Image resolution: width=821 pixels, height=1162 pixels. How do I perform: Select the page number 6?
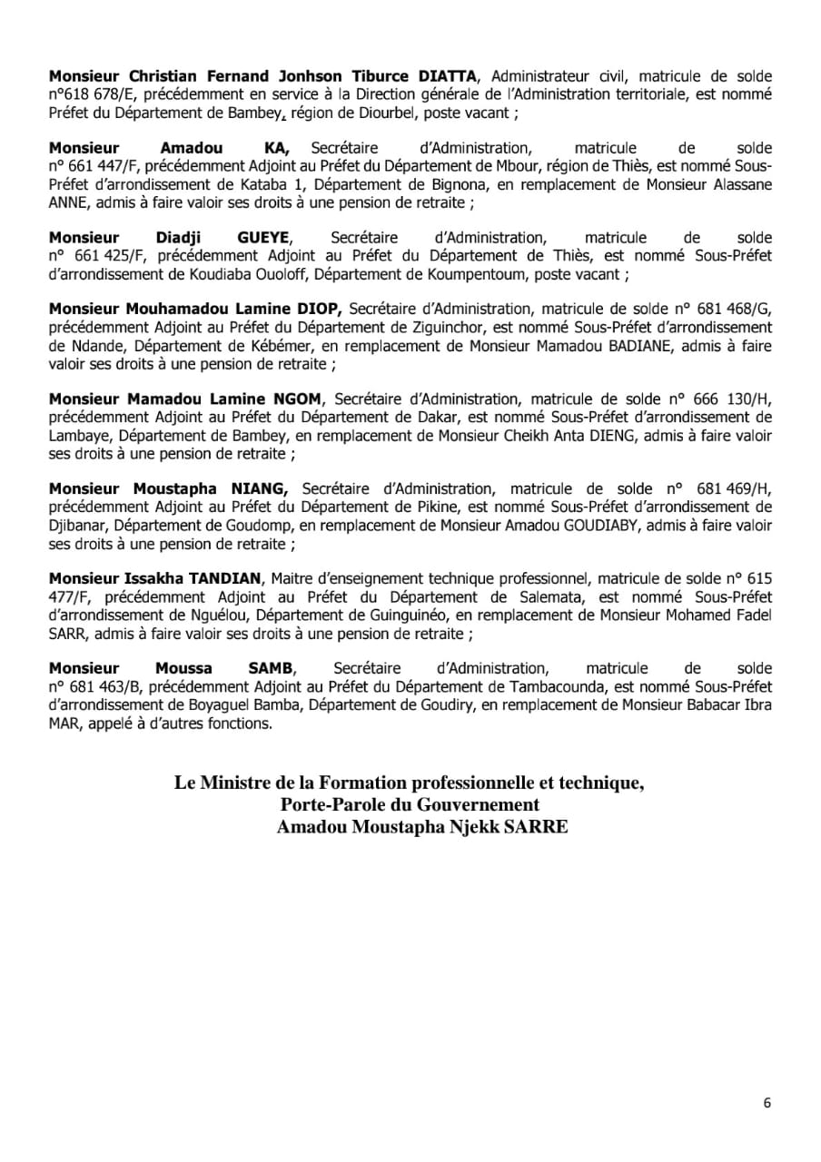pos(767,1103)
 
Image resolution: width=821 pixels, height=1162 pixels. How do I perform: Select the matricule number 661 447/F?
pos(94,166)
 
